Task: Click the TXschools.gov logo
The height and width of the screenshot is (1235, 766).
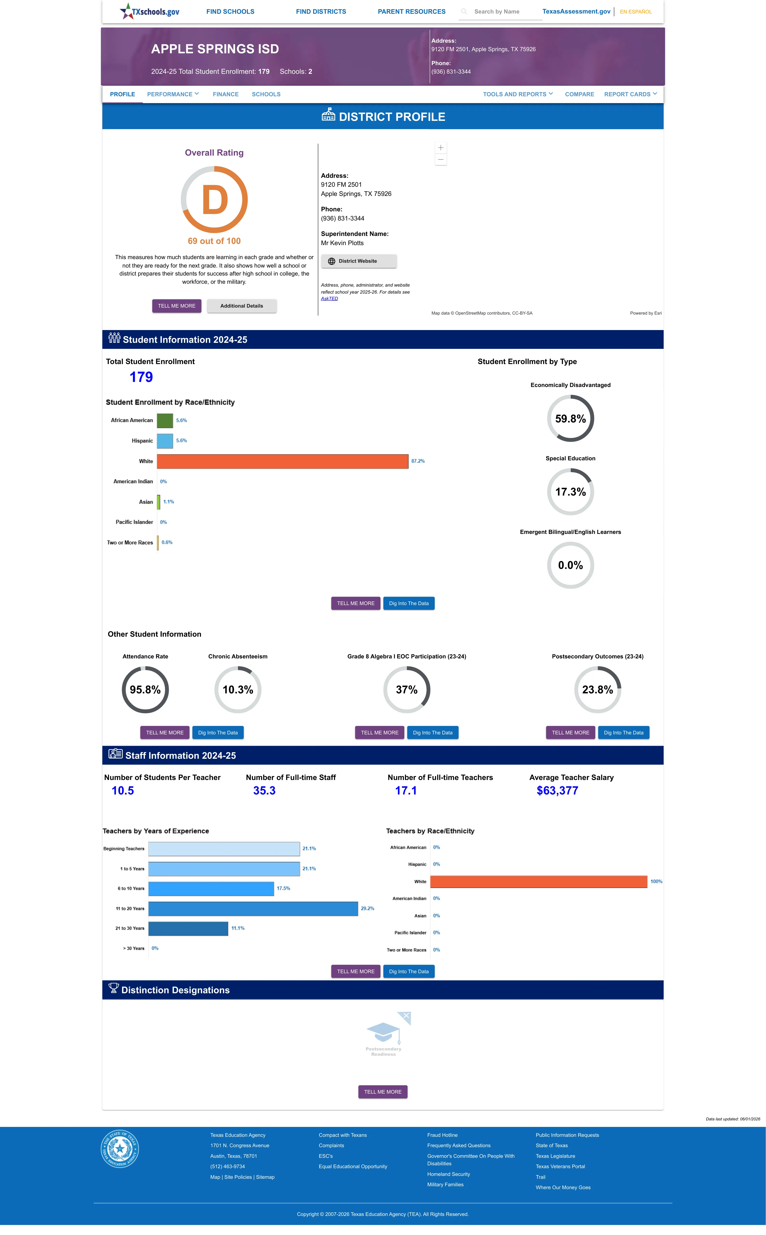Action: click(149, 11)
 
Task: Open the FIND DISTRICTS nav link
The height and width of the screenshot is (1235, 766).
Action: click(321, 12)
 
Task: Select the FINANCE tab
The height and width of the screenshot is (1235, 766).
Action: click(225, 94)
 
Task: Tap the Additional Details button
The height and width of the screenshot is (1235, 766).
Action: click(242, 306)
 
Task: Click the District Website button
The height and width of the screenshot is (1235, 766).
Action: click(359, 261)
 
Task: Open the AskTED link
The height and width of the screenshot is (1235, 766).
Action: click(329, 298)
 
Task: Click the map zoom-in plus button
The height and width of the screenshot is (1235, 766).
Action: click(441, 147)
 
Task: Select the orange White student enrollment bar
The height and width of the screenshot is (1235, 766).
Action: click(283, 461)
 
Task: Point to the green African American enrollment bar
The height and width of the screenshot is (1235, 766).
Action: click(165, 421)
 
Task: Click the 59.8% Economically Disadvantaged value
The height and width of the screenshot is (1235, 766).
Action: click(570, 419)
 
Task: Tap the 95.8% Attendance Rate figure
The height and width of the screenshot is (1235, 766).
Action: click(145, 690)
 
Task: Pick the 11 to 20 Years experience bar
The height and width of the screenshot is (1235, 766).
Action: click(253, 909)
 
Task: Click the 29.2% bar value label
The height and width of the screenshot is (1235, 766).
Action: click(367, 909)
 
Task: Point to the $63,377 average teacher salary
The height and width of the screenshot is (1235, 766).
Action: click(557, 791)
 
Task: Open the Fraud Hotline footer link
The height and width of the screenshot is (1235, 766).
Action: click(442, 1135)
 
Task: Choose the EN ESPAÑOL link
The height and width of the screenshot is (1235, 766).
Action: click(636, 12)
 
